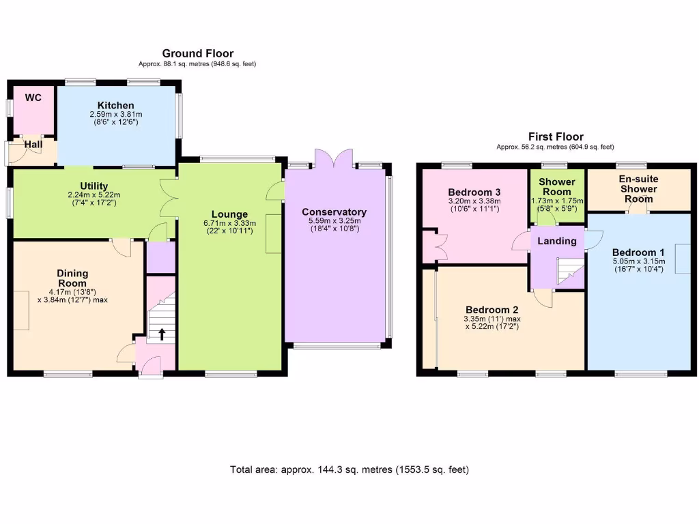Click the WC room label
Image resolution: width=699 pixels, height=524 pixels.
click(x=33, y=98)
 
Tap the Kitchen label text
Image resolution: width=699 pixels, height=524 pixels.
click(x=115, y=105)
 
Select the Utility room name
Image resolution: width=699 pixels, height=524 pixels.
click(x=94, y=186)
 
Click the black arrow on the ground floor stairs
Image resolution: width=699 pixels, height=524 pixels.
click(x=162, y=334)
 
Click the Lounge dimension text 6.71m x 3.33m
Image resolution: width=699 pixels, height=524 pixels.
click(x=229, y=223)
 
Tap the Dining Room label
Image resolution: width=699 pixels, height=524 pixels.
click(x=72, y=278)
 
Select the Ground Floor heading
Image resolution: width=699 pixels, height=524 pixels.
click(x=197, y=53)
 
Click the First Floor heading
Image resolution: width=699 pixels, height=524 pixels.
click(x=556, y=136)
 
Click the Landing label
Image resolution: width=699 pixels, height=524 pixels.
click(x=557, y=241)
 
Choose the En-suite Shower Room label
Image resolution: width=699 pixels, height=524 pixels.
click(x=638, y=189)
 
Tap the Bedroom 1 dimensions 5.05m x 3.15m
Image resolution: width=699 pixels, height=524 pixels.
click(x=638, y=261)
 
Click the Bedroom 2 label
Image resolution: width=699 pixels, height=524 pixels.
click(x=487, y=308)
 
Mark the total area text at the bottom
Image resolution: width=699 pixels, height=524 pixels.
click(x=349, y=469)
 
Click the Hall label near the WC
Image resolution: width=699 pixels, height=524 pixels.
click(x=33, y=145)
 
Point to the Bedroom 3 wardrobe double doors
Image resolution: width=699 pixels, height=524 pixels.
click(x=430, y=246)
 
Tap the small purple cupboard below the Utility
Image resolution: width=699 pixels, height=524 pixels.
click(x=161, y=257)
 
